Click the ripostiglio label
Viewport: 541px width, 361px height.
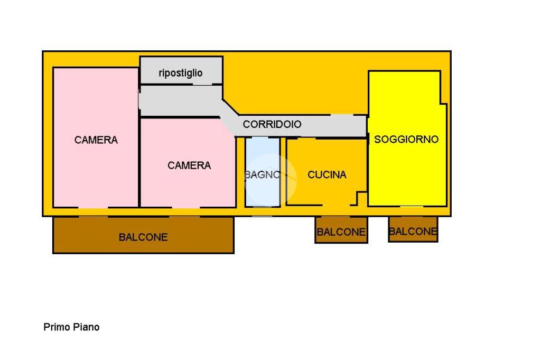pos(181,73)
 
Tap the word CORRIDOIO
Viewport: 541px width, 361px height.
pos(272,124)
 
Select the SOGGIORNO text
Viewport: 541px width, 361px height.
pos(406,140)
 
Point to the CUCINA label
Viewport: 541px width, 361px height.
pos(327,174)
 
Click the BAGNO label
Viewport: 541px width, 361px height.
pos(262,174)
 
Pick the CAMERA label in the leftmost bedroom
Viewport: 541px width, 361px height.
pos(96,140)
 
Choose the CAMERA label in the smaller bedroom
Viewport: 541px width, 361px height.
pos(189,165)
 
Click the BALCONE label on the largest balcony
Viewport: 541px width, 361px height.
pos(143,237)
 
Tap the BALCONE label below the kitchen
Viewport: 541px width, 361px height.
pos(341,232)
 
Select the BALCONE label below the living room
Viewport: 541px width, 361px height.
pos(413,231)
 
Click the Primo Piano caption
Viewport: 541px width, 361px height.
pos(71,327)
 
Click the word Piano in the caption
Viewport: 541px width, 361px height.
pos(87,327)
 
